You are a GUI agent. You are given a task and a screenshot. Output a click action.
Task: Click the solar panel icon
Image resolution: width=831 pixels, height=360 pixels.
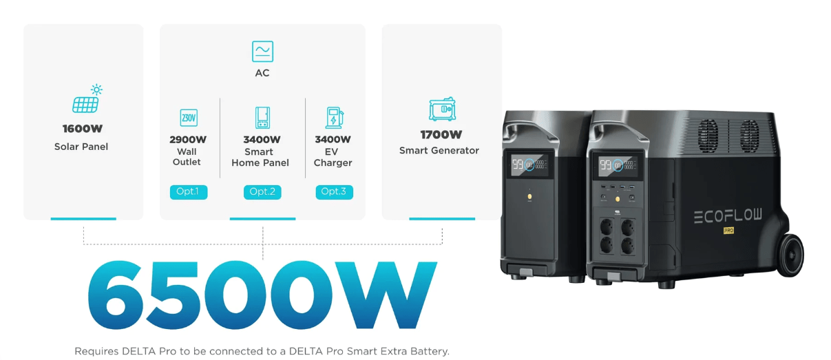(87, 98)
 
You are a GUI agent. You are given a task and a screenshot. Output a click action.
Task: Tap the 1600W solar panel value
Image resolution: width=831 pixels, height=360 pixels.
(83, 129)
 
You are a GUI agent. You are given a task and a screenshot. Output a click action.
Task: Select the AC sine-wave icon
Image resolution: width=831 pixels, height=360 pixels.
(262, 51)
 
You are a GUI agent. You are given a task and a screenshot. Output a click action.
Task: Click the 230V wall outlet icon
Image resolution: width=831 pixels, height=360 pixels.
(189, 118)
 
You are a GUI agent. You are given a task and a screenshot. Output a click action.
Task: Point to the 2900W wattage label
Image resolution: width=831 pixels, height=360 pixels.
(188, 140)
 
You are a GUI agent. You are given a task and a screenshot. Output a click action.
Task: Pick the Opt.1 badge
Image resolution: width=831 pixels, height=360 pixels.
(189, 191)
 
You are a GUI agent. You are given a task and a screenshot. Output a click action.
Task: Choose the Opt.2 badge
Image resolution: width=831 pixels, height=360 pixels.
(262, 191)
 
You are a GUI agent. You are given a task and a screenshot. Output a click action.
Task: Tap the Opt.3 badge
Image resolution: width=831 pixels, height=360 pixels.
(334, 191)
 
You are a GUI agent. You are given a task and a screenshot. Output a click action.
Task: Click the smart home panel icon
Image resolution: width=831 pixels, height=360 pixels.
(262, 118)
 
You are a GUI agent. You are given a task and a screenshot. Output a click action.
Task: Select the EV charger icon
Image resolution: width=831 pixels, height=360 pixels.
(335, 118)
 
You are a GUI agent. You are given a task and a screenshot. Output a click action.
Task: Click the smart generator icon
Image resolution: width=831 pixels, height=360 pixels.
(442, 109)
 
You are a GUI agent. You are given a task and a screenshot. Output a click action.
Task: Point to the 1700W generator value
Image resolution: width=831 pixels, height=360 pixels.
(441, 135)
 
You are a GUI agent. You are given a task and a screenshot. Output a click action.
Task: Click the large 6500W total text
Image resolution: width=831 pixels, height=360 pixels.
(262, 295)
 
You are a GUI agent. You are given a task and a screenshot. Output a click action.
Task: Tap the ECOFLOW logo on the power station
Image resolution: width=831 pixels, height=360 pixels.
(728, 215)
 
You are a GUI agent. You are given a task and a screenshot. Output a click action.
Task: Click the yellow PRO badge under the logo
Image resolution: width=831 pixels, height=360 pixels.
(728, 231)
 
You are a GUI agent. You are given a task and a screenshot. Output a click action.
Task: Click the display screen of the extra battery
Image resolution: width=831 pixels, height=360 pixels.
(529, 165)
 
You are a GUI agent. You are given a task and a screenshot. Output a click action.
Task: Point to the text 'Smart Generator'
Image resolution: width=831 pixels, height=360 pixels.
(439, 151)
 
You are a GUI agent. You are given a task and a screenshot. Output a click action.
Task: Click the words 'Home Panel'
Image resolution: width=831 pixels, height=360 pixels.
(260, 162)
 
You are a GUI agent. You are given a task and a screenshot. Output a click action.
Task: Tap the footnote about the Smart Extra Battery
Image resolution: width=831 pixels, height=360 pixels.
(262, 351)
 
